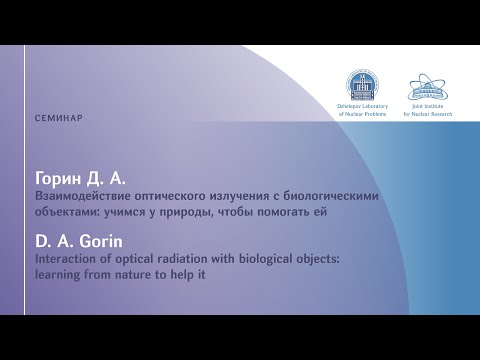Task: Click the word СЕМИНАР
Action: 59,118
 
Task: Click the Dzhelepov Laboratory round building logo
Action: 362,85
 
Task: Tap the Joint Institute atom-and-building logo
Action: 428,87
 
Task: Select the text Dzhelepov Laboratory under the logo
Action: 362,106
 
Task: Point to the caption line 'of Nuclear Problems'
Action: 362,114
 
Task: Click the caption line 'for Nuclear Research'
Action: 428,114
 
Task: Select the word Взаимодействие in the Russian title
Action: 83,196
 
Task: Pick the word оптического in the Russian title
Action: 170,196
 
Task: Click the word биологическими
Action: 331,196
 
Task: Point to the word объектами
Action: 67,212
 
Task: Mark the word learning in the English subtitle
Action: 58,276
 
